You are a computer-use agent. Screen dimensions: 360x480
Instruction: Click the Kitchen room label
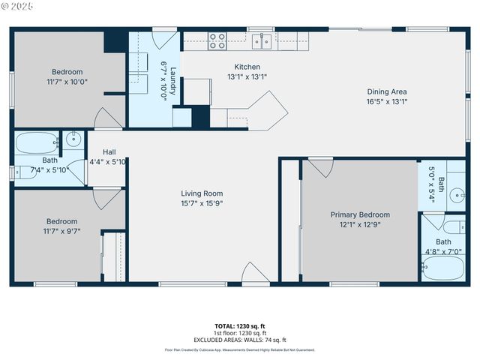[x=247, y=67]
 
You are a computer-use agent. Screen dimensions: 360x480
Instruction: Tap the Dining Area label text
[x=386, y=92]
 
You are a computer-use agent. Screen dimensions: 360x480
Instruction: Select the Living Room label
[x=202, y=193]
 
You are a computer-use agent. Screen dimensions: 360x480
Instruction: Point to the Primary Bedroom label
[x=360, y=214]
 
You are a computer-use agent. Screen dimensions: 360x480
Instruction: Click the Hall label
[x=109, y=151]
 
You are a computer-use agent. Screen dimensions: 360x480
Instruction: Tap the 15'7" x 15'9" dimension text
[x=202, y=203]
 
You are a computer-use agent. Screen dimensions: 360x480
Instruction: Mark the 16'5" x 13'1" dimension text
[x=386, y=102]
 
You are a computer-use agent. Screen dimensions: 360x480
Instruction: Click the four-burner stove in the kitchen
[x=217, y=40]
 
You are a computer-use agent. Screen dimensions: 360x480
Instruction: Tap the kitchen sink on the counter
[x=262, y=40]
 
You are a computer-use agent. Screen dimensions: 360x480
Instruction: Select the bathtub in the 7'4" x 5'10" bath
[x=37, y=142]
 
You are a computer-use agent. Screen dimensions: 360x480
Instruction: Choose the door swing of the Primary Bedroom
[x=320, y=167]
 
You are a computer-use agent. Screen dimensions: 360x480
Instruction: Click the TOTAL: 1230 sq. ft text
[x=239, y=325]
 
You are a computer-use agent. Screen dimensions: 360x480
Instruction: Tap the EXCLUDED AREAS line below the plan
[x=239, y=340]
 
